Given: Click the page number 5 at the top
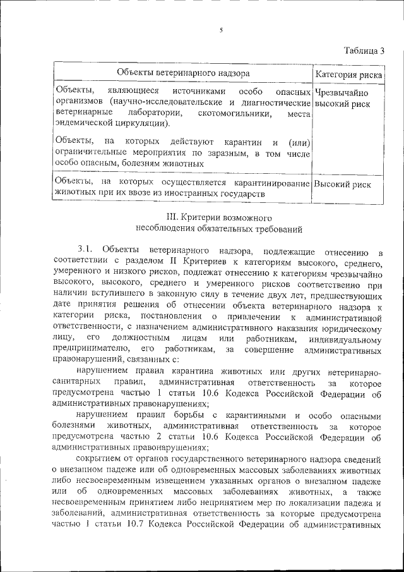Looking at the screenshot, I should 222,30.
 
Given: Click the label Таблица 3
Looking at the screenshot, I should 364,51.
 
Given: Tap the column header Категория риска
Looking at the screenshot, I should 348,75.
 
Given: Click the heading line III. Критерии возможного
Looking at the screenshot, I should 218,217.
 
